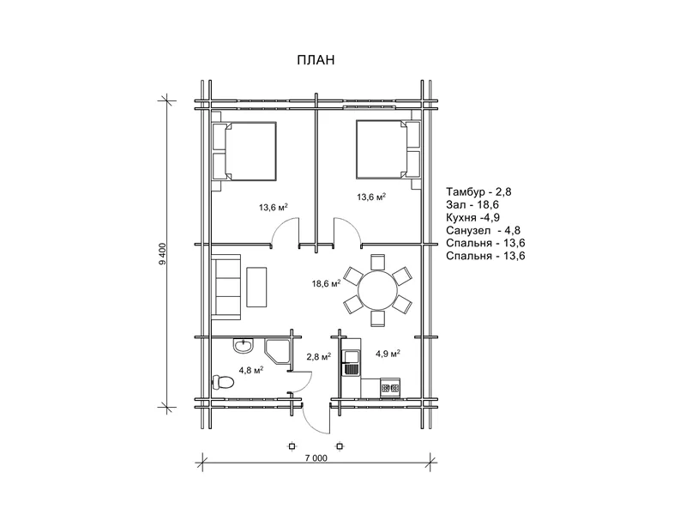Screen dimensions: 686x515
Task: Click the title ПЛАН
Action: click(316, 59)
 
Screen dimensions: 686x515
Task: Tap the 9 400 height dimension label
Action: click(163, 254)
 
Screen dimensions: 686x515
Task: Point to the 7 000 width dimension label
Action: click(316, 458)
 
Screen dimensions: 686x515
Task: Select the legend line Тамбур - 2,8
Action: click(478, 191)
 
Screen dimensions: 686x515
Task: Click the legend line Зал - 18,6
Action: click(472, 204)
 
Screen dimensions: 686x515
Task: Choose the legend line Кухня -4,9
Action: click(473, 218)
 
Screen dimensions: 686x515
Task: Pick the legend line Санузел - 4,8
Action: click(484, 230)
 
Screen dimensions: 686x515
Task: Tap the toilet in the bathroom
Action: click(223, 382)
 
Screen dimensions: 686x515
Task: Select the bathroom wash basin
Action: click(243, 347)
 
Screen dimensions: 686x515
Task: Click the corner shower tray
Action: click(278, 351)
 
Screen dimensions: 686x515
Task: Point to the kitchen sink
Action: click(352, 362)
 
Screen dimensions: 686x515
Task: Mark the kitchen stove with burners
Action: click(390, 388)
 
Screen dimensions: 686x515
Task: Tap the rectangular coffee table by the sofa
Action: click(256, 287)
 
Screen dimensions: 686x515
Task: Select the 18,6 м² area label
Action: click(327, 283)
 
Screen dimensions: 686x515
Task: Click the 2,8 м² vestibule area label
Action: click(318, 356)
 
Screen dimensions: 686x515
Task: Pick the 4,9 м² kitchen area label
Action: click(388, 354)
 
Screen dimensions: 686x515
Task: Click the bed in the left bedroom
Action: click(244, 151)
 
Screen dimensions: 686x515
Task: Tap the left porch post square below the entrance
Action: click(292, 446)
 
